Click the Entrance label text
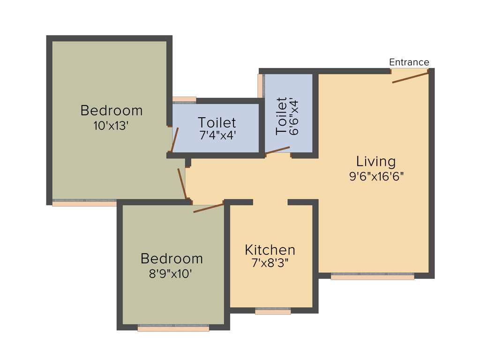(409, 62)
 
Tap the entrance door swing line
(410, 78)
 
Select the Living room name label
(375, 162)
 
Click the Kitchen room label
(270, 250)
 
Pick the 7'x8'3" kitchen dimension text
(270, 263)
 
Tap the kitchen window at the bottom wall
(273, 311)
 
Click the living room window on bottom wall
(372, 276)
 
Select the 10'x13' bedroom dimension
(111, 126)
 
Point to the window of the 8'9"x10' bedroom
(173, 328)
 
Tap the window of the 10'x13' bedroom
(84, 202)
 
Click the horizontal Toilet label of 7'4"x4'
(217, 123)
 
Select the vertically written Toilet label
(281, 116)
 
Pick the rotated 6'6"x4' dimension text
(294, 116)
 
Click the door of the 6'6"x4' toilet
(277, 150)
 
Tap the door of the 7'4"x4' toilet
(175, 139)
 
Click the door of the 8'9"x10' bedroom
(209, 208)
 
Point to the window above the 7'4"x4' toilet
(184, 99)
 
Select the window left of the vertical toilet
(261, 86)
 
